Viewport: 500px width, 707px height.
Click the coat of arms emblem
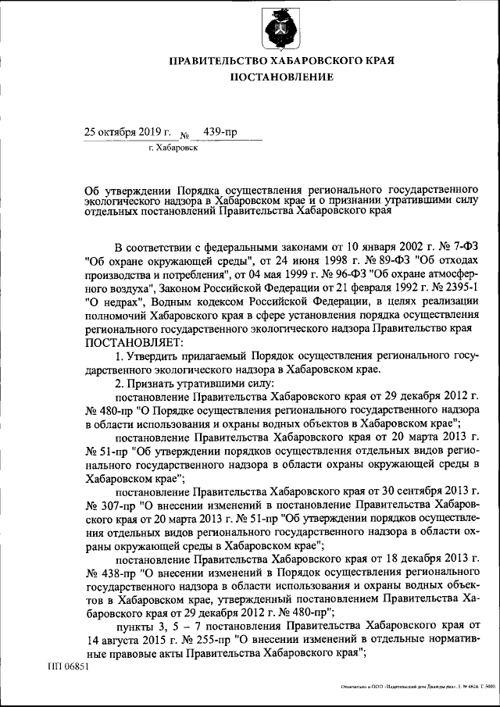point(280,30)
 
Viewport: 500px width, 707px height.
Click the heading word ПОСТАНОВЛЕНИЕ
point(280,77)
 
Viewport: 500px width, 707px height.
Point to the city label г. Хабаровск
point(172,147)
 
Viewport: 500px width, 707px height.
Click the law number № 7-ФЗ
point(453,245)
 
